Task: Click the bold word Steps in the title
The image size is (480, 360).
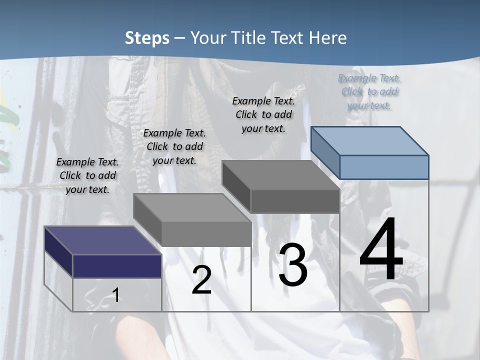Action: pos(147,38)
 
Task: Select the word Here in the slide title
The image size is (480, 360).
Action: pos(328,38)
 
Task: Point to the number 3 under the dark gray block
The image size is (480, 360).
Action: pos(292,265)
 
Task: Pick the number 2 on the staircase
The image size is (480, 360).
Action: pos(201,280)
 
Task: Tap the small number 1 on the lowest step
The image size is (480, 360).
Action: pos(115,295)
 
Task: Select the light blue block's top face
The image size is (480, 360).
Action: pos(370,140)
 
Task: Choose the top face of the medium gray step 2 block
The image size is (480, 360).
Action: pos(192,207)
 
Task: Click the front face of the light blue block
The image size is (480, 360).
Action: pos(384,167)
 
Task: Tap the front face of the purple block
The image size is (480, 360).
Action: pos(117,266)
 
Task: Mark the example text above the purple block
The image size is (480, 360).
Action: pos(87,175)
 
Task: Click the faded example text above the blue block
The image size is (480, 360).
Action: pos(369,91)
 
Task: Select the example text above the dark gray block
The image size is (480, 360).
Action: pos(263,114)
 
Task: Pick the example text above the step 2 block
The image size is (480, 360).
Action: pos(174,146)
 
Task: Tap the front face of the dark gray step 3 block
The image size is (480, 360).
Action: pos(295,201)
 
